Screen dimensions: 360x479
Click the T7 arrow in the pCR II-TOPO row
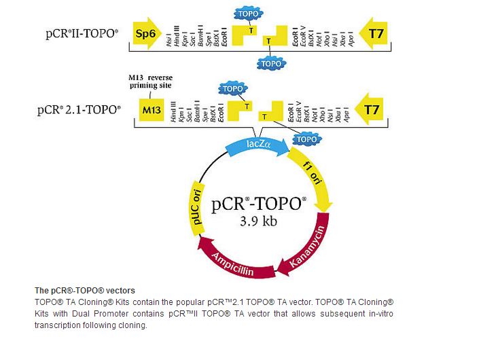pos(374,32)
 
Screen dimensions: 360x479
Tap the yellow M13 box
pos(152,109)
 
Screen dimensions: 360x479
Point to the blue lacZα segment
pos(253,145)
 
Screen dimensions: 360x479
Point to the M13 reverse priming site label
pos(156,82)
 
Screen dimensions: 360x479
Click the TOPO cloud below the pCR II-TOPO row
pos(270,62)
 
